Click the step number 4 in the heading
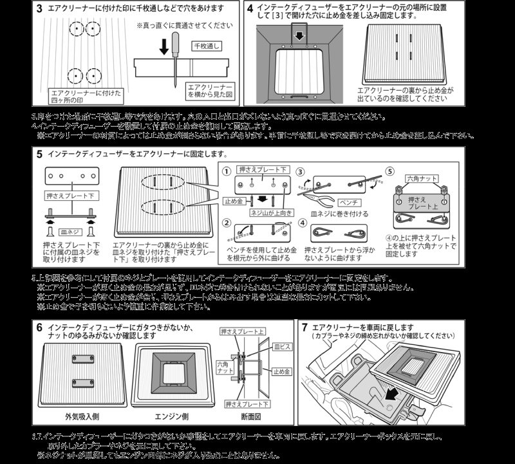click(250, 10)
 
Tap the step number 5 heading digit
click(40, 154)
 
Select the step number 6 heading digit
click(40, 328)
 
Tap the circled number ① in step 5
click(227, 172)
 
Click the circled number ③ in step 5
click(301, 172)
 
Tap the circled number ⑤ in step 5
click(389, 172)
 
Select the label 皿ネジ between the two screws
click(69, 230)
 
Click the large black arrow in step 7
click(391, 401)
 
